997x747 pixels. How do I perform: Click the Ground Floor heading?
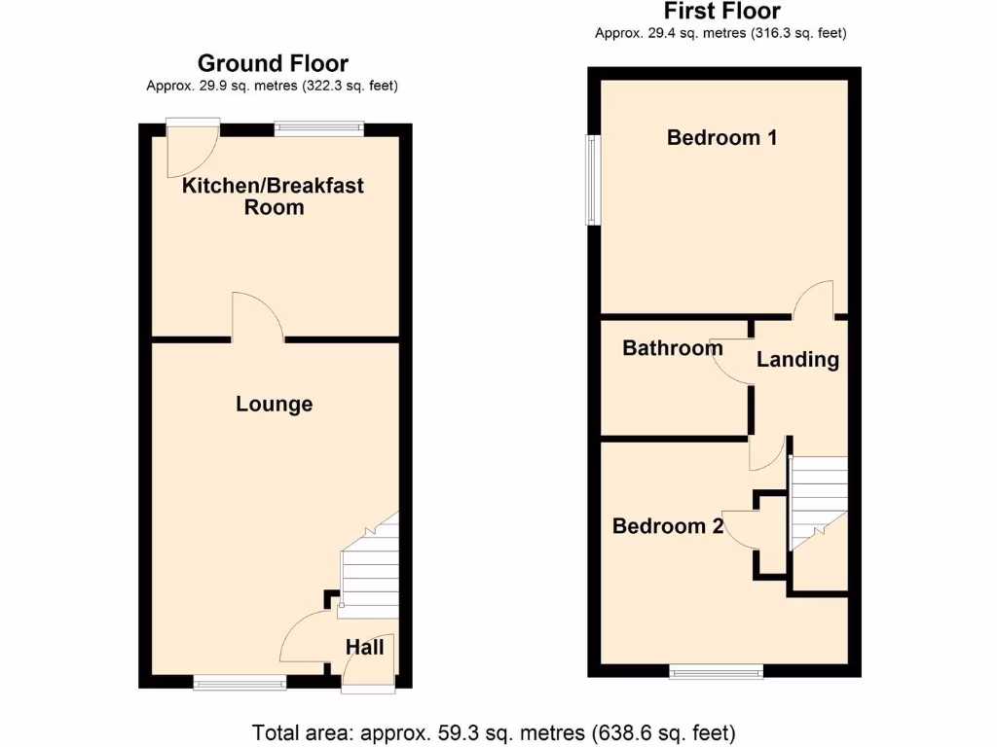pyautogui.click(x=273, y=64)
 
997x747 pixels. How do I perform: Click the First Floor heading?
pyautogui.click(x=722, y=12)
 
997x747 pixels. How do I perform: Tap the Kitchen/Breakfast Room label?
pyautogui.click(x=274, y=196)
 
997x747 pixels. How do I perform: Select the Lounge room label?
pyautogui.click(x=275, y=404)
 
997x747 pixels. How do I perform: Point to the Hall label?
pyautogui.click(x=365, y=647)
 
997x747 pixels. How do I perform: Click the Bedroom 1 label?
pyautogui.click(x=721, y=137)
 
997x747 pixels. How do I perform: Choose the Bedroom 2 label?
pyautogui.click(x=668, y=526)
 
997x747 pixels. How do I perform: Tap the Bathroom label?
pyautogui.click(x=673, y=347)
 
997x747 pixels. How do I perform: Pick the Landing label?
pyautogui.click(x=797, y=359)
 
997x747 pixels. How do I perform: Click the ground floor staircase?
pyautogui.click(x=370, y=569)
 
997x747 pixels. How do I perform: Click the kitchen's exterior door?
pyautogui.click(x=192, y=150)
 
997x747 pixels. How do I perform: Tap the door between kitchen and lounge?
pyautogui.click(x=257, y=318)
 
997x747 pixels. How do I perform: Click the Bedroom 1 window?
pyautogui.click(x=591, y=181)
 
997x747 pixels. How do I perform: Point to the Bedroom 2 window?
pyautogui.click(x=716, y=671)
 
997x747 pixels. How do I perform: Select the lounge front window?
pyautogui.click(x=240, y=683)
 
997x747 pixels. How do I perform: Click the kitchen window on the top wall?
pyautogui.click(x=318, y=126)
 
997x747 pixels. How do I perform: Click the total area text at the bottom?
pyautogui.click(x=494, y=731)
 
